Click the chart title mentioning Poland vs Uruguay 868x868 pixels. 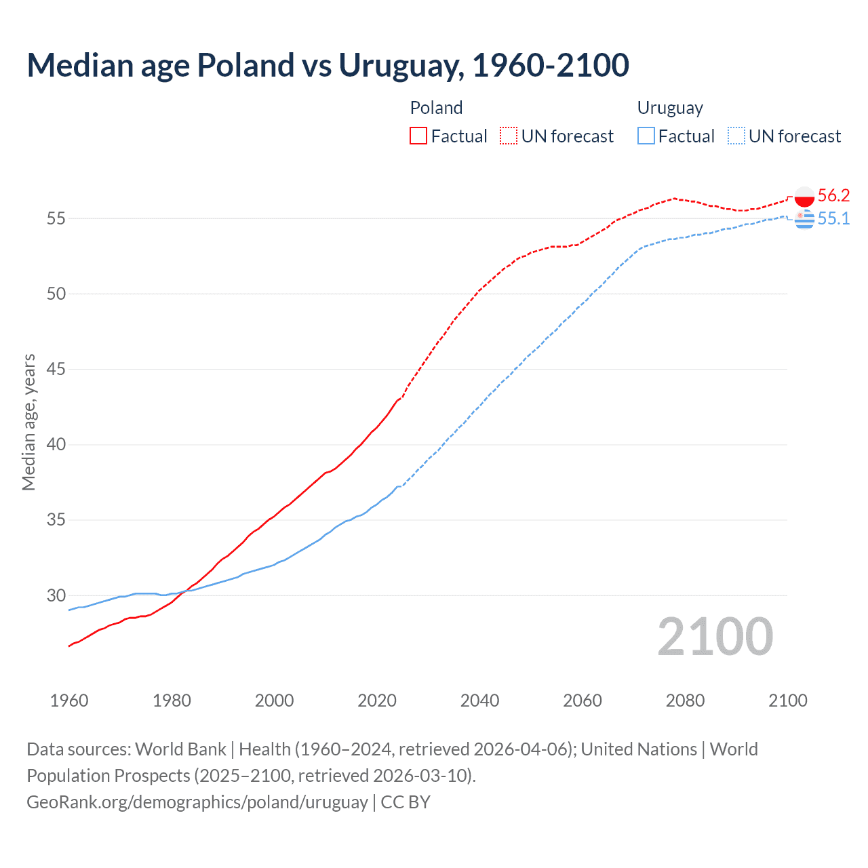[x=328, y=65]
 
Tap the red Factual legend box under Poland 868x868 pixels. [x=418, y=136]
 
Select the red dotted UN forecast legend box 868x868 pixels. [x=509, y=136]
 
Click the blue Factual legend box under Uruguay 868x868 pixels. [x=646, y=136]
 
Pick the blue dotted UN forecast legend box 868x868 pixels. [x=736, y=136]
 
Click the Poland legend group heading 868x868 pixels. [x=436, y=108]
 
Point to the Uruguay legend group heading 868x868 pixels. [x=670, y=108]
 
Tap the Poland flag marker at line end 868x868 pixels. [x=804, y=196]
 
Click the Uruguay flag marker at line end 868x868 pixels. [x=804, y=219]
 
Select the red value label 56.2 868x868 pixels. [x=833, y=196]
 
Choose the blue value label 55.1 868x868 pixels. [x=833, y=218]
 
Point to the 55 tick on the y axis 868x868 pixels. [x=56, y=218]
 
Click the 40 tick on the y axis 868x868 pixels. [x=56, y=445]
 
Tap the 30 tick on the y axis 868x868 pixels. [x=56, y=595]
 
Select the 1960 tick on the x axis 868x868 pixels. [x=69, y=701]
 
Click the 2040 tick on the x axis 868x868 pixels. [x=479, y=701]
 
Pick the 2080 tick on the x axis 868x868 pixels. [x=685, y=701]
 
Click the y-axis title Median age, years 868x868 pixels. [x=28, y=422]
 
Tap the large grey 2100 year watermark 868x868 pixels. [x=715, y=636]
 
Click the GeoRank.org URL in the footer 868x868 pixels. [x=197, y=802]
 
